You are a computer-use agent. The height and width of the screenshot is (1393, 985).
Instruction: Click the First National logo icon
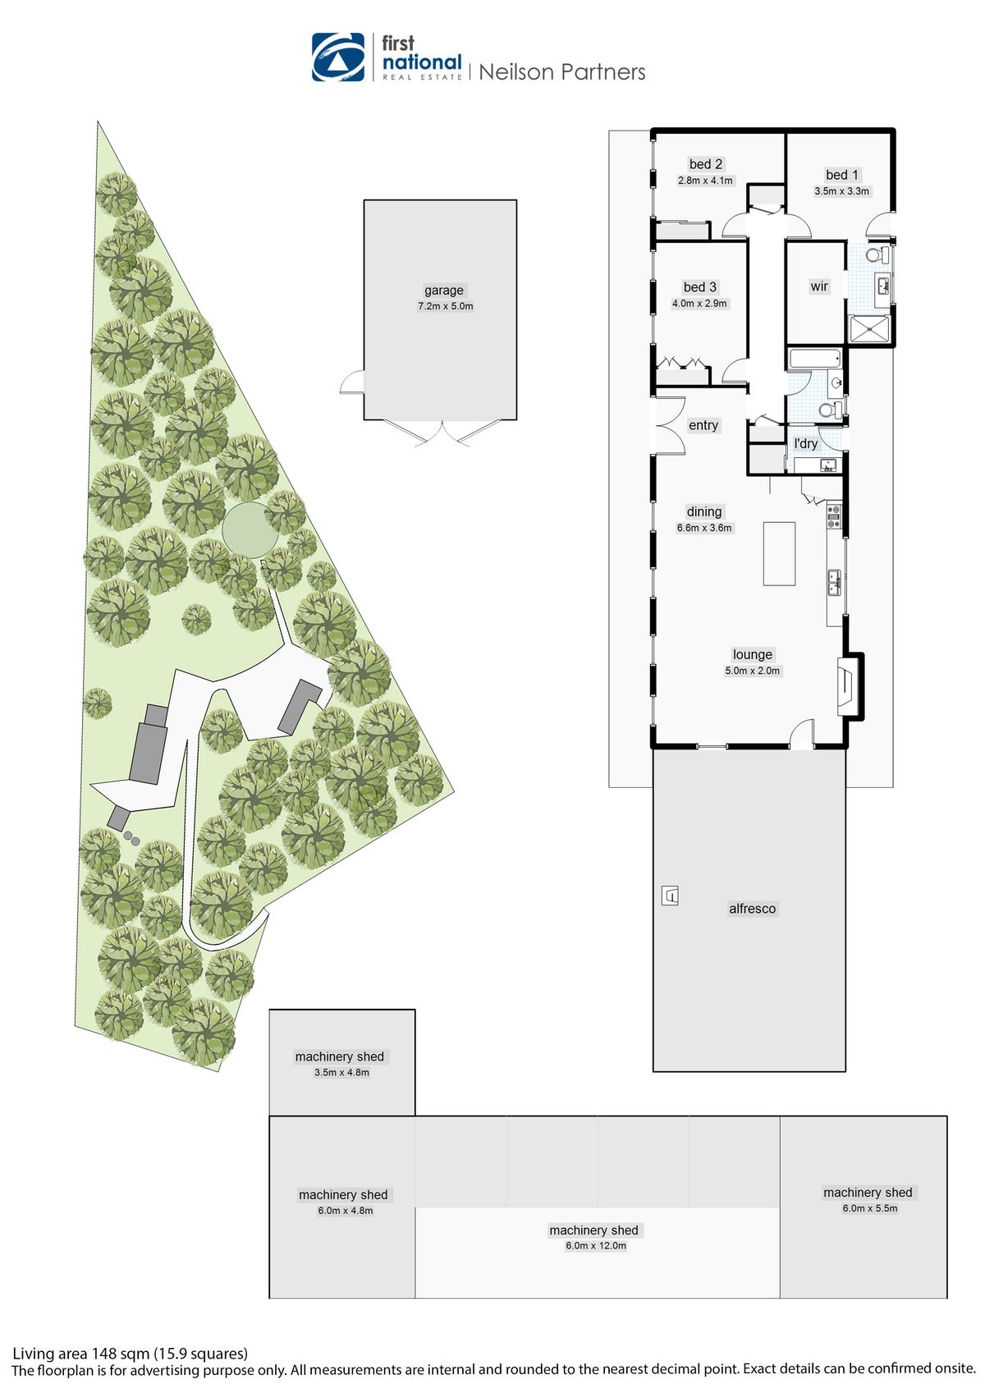(x=337, y=57)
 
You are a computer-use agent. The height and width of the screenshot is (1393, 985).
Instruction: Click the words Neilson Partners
(x=561, y=72)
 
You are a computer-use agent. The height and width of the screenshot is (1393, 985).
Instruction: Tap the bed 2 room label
(x=706, y=164)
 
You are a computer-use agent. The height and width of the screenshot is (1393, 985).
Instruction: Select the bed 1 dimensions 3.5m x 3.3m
(x=841, y=191)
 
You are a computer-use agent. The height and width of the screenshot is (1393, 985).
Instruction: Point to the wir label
(x=819, y=286)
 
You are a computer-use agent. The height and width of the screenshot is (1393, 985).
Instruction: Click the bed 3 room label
(x=699, y=287)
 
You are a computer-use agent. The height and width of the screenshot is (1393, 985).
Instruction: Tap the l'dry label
(x=805, y=443)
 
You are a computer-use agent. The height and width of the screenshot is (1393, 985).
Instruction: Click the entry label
(x=703, y=425)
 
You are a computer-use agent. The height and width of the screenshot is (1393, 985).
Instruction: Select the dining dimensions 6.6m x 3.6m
(x=704, y=528)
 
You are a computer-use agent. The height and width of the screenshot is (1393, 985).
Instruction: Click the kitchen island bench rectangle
(x=779, y=553)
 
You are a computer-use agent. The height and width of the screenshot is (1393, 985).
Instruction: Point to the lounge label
(x=753, y=654)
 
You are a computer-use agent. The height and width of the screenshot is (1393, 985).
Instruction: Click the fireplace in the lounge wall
(x=845, y=686)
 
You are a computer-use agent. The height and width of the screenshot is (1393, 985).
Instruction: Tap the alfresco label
(x=752, y=909)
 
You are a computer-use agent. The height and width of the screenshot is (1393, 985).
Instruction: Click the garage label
(x=444, y=291)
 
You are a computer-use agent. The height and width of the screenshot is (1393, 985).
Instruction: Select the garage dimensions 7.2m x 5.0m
(x=446, y=306)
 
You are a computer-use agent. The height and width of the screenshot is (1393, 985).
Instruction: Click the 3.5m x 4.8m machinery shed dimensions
(x=341, y=1072)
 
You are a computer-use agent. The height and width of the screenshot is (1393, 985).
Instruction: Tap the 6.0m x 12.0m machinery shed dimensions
(x=595, y=1245)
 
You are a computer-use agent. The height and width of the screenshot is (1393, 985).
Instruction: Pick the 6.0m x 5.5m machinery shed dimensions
(x=869, y=1208)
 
